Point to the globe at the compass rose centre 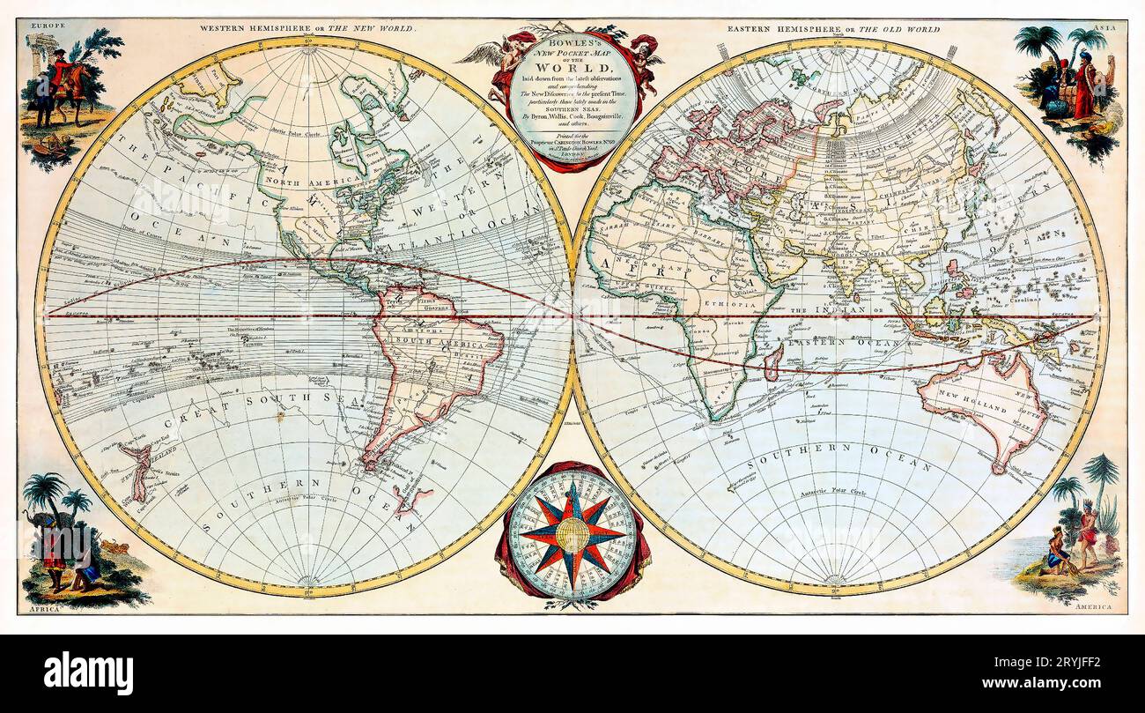(572, 534)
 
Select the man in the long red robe (1083, 88)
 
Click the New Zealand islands (137, 471)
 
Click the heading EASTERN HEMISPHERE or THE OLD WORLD (832, 29)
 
